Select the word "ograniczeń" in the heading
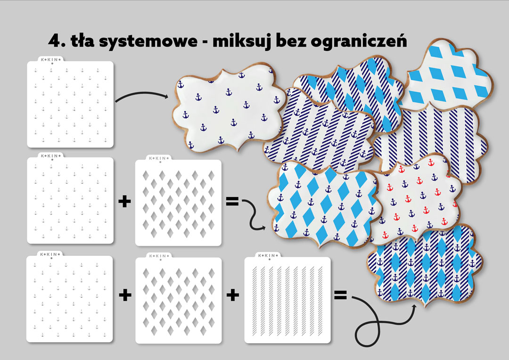[x=359, y=41]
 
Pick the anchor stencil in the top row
[x=70, y=103]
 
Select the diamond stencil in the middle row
[x=178, y=201]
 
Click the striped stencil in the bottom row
[x=287, y=298]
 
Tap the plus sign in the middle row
[x=124, y=202]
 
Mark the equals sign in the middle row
[x=232, y=201]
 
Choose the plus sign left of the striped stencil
[x=233, y=295]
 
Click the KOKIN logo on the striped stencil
[x=268, y=255]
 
